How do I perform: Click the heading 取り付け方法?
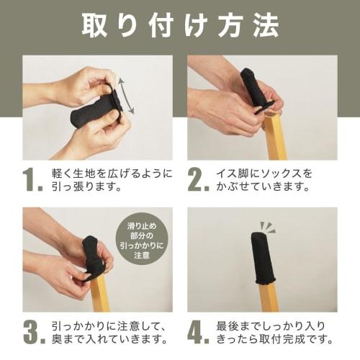pyautogui.click(x=180, y=27)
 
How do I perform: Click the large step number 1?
pyautogui.click(x=32, y=182)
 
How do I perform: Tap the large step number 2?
pyautogui.click(x=198, y=182)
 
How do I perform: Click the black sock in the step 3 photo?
pyautogui.click(x=94, y=256)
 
